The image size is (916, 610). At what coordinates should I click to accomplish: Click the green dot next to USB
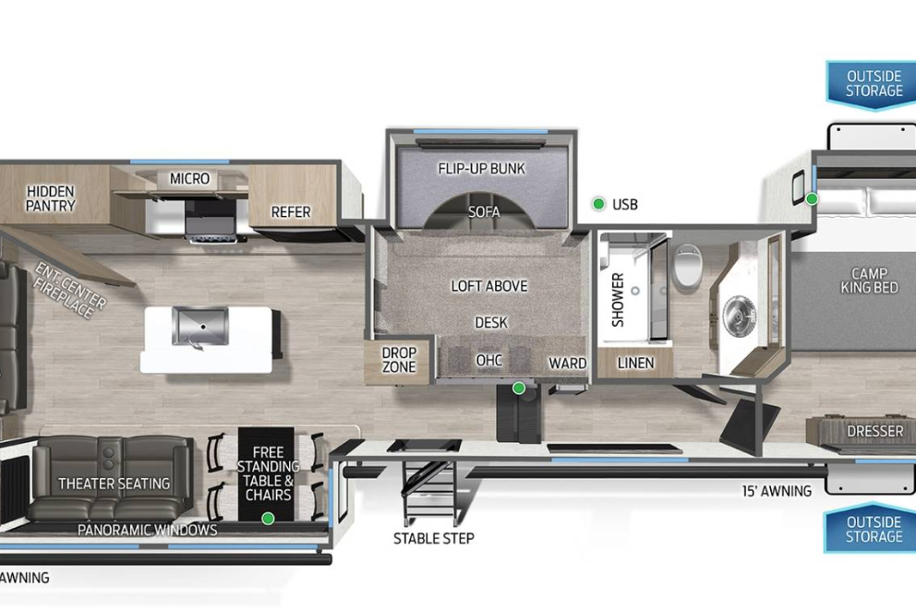pyautogui.click(x=598, y=204)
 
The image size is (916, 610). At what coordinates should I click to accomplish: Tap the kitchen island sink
pyautogui.click(x=199, y=327)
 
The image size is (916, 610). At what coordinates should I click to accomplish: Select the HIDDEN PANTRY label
pyautogui.click(x=51, y=198)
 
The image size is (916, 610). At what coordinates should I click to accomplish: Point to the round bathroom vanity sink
pyautogui.click(x=740, y=316)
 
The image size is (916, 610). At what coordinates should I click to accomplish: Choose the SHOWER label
pyautogui.click(x=618, y=300)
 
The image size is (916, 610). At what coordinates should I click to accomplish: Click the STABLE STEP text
pyautogui.click(x=433, y=538)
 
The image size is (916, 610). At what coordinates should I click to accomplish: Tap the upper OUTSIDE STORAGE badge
pyautogui.click(x=874, y=85)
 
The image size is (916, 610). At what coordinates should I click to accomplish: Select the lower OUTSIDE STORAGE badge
pyautogui.click(x=874, y=528)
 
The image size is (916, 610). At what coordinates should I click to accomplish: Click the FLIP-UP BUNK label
pyautogui.click(x=482, y=169)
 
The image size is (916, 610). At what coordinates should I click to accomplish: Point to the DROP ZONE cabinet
pyautogui.click(x=399, y=360)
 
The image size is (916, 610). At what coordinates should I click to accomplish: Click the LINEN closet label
pyautogui.click(x=635, y=363)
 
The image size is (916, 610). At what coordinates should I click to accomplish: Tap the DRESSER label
pyautogui.click(x=875, y=431)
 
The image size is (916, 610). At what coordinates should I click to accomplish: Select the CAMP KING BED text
pyautogui.click(x=869, y=281)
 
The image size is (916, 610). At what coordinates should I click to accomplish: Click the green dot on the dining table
pyautogui.click(x=268, y=518)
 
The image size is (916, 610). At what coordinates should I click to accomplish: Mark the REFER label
pyautogui.click(x=291, y=212)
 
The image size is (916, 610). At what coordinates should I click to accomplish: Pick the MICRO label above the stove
pyautogui.click(x=190, y=179)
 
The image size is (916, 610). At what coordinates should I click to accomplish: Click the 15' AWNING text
pyautogui.click(x=777, y=491)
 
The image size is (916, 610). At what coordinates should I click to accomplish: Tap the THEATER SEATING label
pyautogui.click(x=114, y=484)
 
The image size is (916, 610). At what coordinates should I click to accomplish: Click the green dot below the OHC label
pyautogui.click(x=518, y=388)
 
